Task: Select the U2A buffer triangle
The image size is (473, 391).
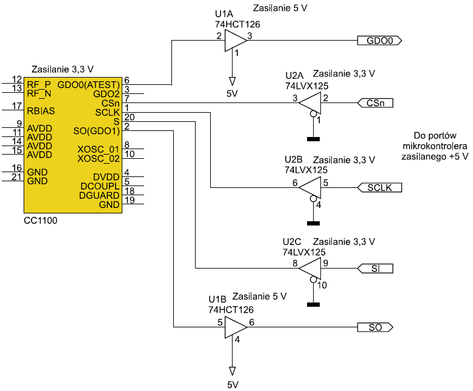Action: click(310, 103)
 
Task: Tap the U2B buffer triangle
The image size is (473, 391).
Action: click(310, 188)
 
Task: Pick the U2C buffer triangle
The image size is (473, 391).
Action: click(310, 267)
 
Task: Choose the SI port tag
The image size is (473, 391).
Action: click(375, 267)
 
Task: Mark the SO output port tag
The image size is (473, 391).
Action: click(375, 327)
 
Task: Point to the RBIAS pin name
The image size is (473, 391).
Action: click(41, 111)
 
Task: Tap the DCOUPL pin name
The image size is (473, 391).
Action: click(99, 185)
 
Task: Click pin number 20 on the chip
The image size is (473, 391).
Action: click(128, 116)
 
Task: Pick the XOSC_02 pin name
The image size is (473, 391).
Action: click(99, 159)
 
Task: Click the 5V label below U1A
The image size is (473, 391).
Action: click(231, 94)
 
